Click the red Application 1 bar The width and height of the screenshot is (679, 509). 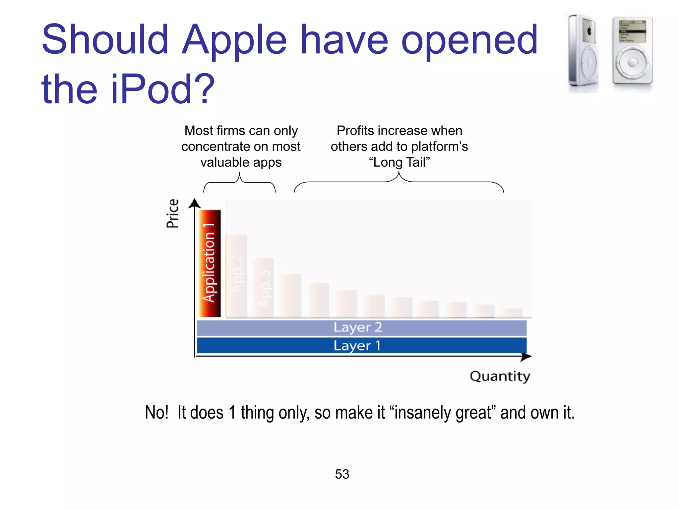[x=210, y=263]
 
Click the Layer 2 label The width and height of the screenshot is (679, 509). [x=358, y=327]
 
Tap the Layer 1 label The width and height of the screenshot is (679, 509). [x=357, y=346]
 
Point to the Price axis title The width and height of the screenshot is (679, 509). [x=172, y=213]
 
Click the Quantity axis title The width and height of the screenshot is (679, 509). [x=500, y=376]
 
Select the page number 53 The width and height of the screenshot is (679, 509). [x=342, y=474]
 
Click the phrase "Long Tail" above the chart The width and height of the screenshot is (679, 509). [x=399, y=162]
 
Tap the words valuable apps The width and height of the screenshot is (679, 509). [x=241, y=162]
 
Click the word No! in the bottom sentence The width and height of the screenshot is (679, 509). [x=156, y=413]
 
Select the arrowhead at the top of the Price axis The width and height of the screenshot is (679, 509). [x=195, y=202]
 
